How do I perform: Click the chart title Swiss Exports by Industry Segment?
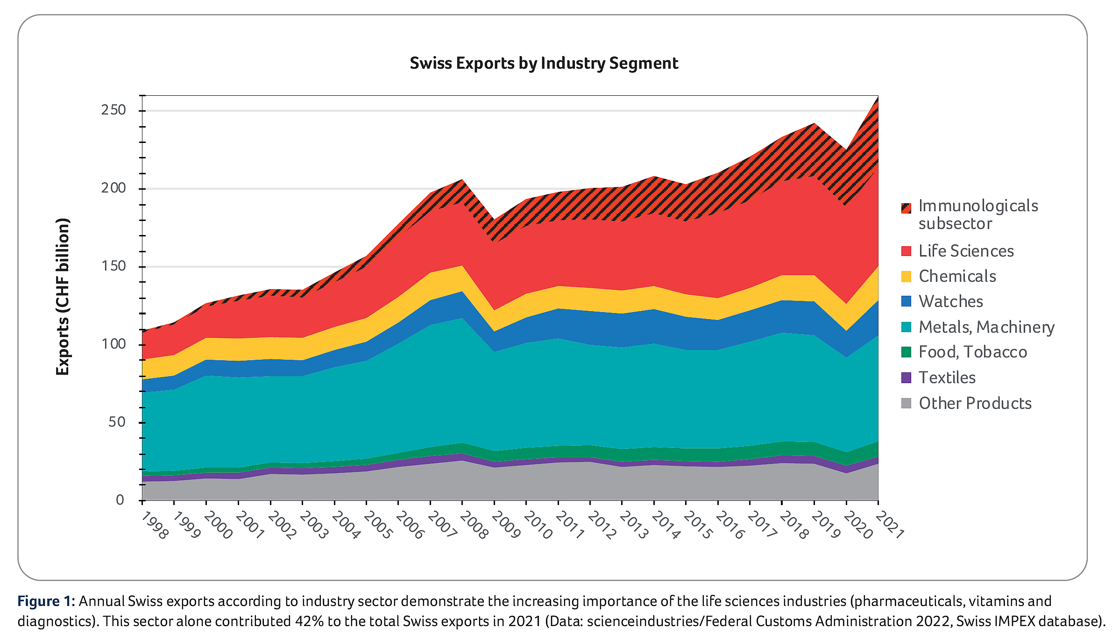pos(544,63)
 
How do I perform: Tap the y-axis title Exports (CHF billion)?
pos(63,297)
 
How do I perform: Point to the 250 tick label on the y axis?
pos(113,110)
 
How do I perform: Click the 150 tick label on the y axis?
pos(113,266)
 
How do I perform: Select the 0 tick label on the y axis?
pos(120,500)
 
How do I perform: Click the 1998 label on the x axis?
pos(154,526)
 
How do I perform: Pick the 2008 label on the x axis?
pos(474,526)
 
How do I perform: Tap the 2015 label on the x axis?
pos(698,526)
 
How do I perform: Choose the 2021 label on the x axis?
pos(890,526)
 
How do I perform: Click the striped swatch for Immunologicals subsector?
pos(906,208)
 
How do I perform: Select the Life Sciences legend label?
pos(966,251)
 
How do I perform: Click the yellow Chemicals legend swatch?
pos(906,276)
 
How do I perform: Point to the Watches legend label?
pos(951,301)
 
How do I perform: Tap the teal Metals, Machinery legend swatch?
pos(906,327)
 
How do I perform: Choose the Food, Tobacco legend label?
pos(973,352)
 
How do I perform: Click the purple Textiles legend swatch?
pos(906,377)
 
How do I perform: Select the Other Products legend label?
pos(975,403)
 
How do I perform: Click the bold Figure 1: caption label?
pos(46,601)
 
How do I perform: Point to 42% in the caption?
pos(308,621)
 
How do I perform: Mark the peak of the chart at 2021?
pos(878,97)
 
